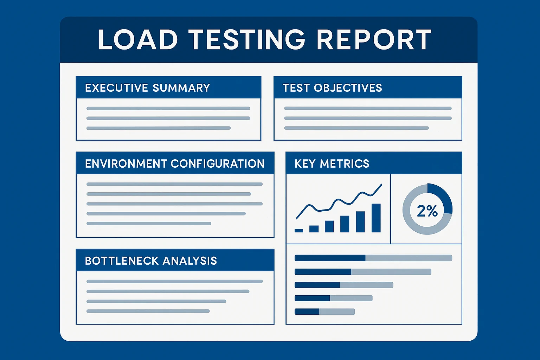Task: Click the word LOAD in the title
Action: [138, 39]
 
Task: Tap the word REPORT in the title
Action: [374, 39]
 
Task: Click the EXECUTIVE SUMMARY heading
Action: [148, 88]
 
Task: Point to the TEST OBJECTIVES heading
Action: [332, 88]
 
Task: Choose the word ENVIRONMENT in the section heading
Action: [126, 163]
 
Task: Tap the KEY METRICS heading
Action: [332, 163]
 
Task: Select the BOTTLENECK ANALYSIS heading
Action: [151, 261]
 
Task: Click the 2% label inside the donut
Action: [427, 211]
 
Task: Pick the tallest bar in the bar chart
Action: [376, 218]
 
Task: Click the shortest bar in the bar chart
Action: [299, 231]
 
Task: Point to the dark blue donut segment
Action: [443, 197]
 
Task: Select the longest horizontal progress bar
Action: [373, 258]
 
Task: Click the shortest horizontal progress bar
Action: [324, 311]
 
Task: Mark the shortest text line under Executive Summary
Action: [159, 128]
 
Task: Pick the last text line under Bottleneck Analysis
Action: [148, 311]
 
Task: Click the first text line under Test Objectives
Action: [368, 108]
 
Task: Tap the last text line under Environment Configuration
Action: [149, 224]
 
